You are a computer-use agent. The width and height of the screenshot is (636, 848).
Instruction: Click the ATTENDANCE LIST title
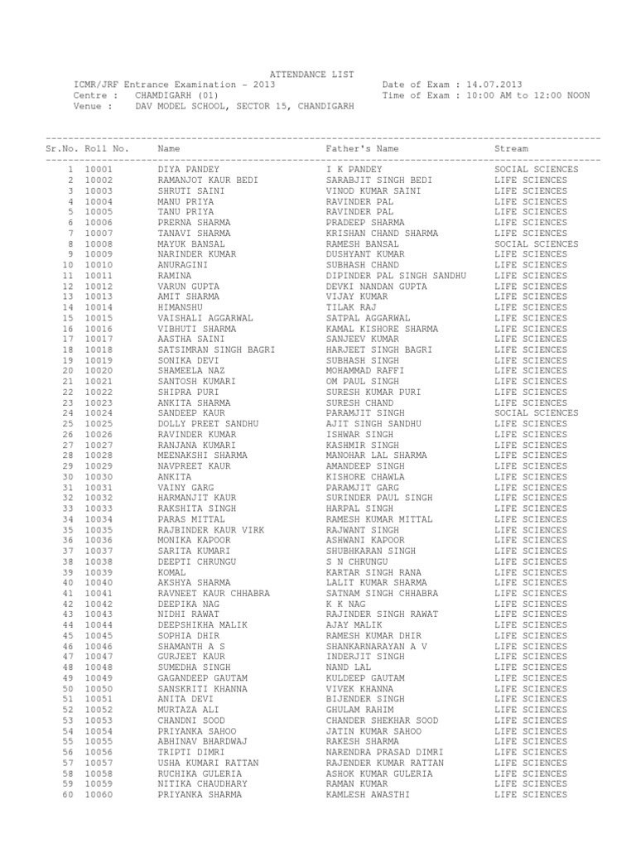(312, 74)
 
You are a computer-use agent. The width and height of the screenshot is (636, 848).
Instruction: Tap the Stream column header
(512, 148)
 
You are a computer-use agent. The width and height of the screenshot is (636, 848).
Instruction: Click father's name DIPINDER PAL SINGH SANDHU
(397, 275)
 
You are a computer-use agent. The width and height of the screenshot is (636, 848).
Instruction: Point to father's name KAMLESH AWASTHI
(369, 794)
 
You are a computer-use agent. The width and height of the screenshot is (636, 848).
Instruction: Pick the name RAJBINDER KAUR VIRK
(209, 529)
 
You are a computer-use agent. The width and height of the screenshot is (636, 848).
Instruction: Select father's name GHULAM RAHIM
(360, 710)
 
